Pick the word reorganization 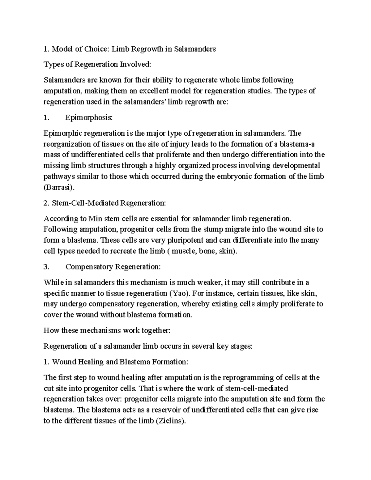(x=66, y=144)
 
